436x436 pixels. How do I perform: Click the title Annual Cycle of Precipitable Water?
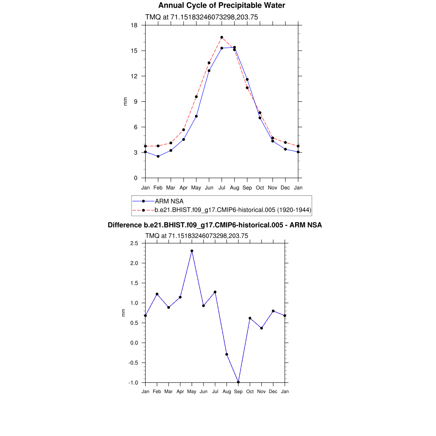click(221, 6)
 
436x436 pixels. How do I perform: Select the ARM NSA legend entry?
click(169, 201)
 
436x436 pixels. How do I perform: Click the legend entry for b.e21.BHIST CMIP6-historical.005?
click(232, 210)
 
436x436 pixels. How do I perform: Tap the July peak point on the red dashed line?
click(222, 37)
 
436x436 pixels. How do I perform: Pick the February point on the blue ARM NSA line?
click(158, 156)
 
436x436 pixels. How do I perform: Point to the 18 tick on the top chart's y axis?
click(134, 25)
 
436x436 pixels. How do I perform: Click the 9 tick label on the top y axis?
click(136, 102)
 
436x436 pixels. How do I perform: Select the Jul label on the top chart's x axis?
click(222, 187)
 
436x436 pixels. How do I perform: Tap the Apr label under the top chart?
click(184, 187)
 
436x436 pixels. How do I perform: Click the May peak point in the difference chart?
click(192, 251)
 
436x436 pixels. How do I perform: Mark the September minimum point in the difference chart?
click(238, 382)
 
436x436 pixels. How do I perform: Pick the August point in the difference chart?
click(227, 354)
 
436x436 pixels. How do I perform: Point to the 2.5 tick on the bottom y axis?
click(134, 243)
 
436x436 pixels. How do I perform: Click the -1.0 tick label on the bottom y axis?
click(133, 383)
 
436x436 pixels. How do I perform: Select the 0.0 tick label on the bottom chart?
click(134, 343)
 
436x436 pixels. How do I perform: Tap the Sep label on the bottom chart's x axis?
click(238, 391)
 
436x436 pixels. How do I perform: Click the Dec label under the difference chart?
click(273, 391)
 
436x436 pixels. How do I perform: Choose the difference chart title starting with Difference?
click(215, 225)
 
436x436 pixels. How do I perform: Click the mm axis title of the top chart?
click(125, 101)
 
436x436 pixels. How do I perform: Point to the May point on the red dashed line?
click(196, 97)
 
